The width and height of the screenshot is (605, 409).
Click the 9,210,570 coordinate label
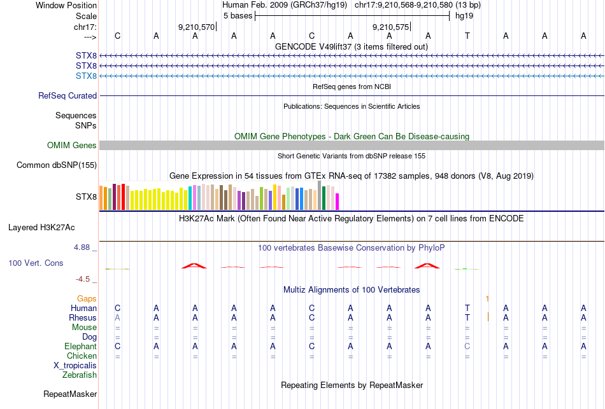click(197, 27)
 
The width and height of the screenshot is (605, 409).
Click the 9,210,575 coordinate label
click(391, 27)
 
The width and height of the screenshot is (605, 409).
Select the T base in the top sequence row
click(467, 36)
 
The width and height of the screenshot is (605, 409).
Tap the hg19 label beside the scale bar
click(464, 16)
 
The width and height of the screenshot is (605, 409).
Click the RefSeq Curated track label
click(68, 96)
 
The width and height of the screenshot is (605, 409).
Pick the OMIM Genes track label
click(72, 146)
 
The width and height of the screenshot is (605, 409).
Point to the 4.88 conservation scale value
click(85, 247)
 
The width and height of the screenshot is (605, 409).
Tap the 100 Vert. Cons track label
click(36, 263)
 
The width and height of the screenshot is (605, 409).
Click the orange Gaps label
click(87, 298)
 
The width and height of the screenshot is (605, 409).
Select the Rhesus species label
click(83, 318)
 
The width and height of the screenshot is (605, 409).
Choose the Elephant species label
click(80, 347)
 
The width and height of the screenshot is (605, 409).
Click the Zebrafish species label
click(80, 375)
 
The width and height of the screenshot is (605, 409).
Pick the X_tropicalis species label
click(75, 366)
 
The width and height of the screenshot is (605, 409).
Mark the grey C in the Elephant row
click(467, 347)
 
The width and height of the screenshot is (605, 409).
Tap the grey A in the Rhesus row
click(117, 317)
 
